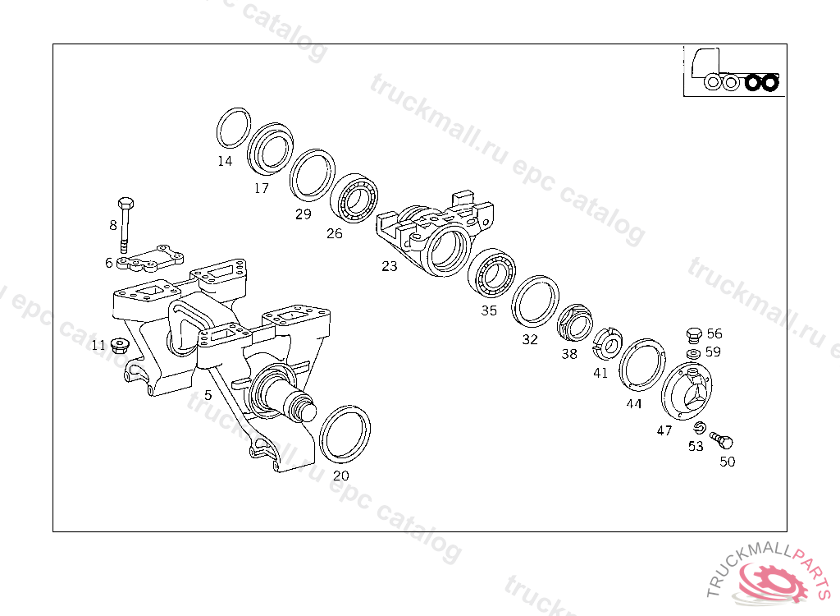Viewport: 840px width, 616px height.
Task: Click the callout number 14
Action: tap(225, 161)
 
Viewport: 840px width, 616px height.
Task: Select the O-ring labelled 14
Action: tap(234, 128)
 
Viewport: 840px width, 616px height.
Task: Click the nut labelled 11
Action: tap(120, 345)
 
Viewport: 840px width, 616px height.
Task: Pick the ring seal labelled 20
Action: tap(344, 433)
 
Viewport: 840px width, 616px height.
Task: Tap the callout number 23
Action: tap(389, 265)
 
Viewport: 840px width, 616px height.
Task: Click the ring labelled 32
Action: tap(535, 301)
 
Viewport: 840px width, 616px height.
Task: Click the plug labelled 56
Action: tap(693, 335)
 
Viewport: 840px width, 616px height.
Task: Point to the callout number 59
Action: tap(713, 352)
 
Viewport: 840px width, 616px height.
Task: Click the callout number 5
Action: tap(208, 395)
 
